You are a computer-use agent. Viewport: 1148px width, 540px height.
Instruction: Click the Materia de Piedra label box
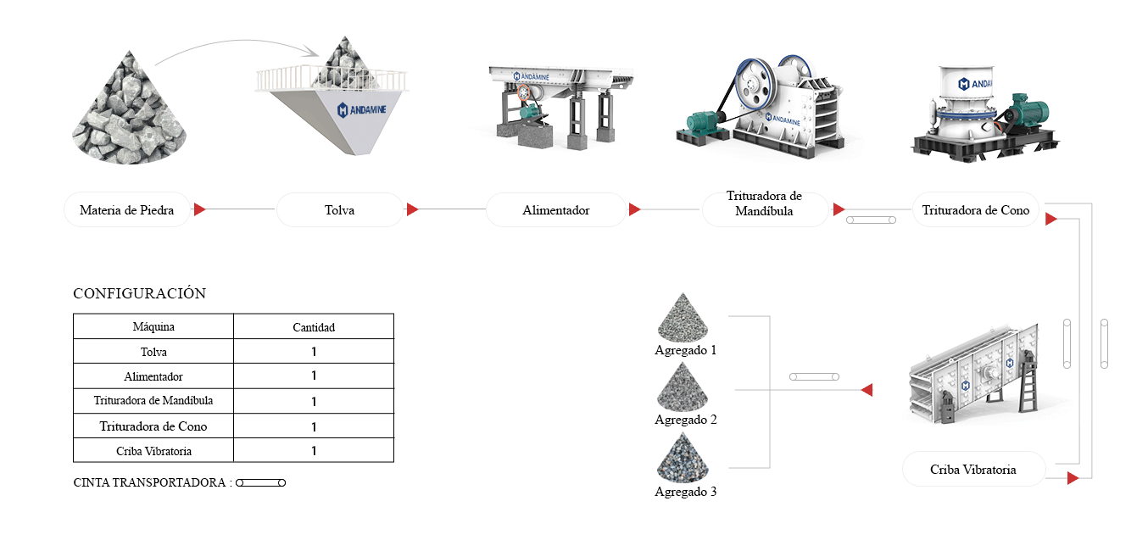point(127,210)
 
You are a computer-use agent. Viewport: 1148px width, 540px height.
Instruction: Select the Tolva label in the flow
point(339,210)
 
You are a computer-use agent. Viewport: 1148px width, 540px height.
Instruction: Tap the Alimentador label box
point(555,210)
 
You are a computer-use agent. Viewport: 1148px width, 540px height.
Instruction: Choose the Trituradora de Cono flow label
point(975,210)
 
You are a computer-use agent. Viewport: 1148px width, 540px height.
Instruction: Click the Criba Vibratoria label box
point(972,469)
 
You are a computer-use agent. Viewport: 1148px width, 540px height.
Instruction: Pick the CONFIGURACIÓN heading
point(139,294)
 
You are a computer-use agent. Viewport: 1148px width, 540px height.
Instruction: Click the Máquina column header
point(153,326)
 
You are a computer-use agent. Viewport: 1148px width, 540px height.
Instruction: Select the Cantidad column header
point(314,326)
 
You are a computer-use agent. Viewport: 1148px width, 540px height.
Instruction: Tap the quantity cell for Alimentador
point(314,376)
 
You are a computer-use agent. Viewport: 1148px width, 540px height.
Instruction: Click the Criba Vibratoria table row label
point(153,451)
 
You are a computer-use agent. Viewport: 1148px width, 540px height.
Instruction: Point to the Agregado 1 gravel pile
point(685,318)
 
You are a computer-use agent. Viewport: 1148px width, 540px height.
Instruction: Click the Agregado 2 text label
point(685,420)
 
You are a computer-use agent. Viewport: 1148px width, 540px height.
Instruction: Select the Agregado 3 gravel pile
point(685,458)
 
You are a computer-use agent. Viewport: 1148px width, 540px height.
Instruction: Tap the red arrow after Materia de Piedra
point(200,209)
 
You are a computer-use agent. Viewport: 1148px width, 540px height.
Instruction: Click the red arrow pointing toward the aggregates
point(867,390)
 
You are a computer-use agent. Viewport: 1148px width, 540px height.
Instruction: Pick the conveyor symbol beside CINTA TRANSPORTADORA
point(261,482)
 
